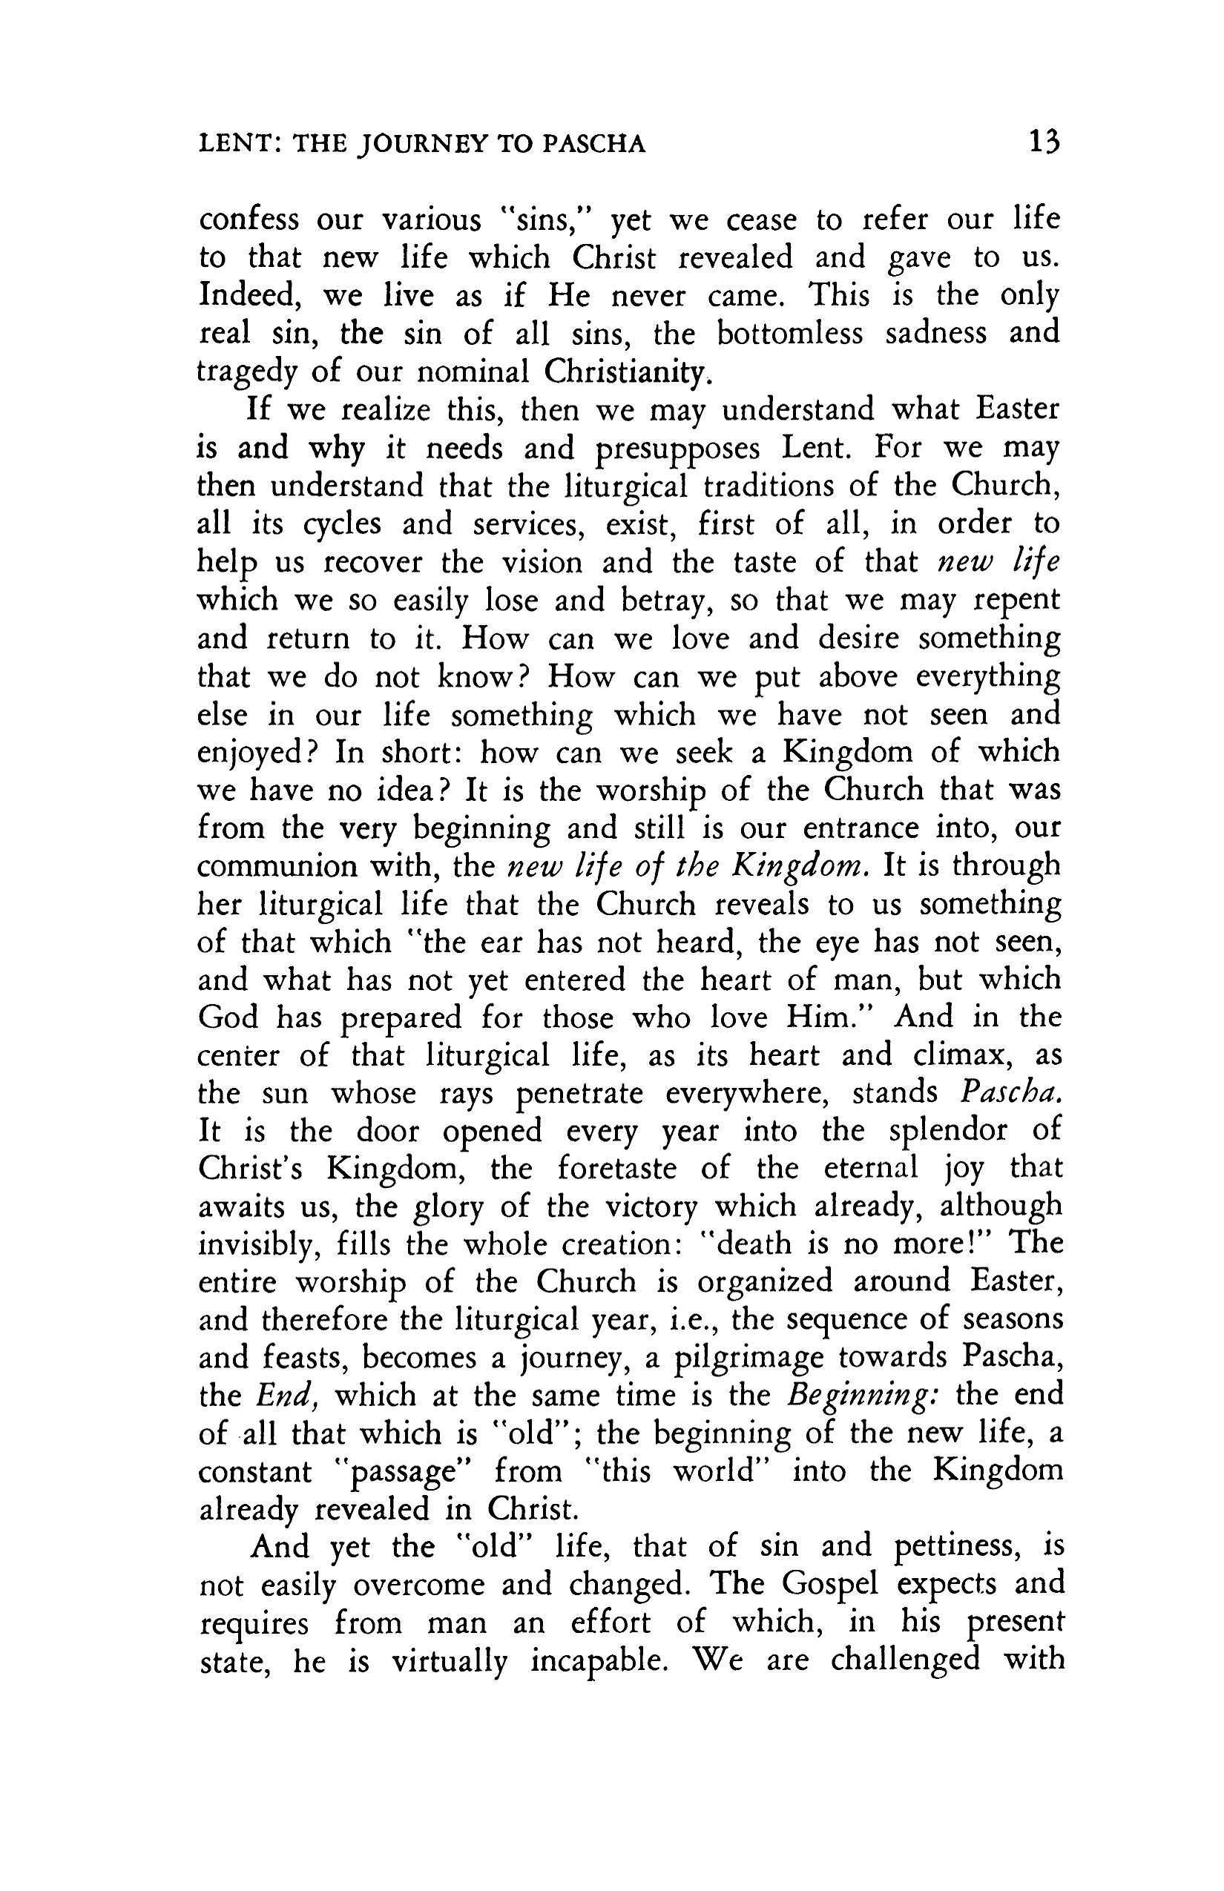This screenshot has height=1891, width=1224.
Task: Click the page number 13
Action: (1044, 142)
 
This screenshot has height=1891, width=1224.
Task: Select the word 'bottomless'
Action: (789, 333)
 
